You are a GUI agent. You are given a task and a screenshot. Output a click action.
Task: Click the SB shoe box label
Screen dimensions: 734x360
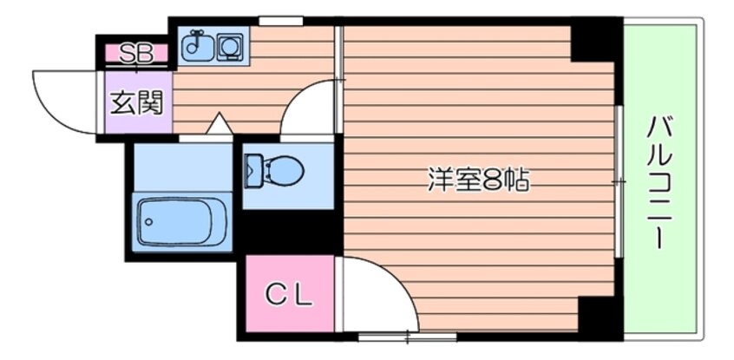pos(135,54)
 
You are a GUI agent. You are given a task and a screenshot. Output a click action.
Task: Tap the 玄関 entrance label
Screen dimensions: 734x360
pos(137,103)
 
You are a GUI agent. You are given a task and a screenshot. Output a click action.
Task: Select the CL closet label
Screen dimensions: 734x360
pos(289,295)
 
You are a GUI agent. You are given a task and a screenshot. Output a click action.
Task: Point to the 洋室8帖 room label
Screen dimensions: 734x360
pos(478,180)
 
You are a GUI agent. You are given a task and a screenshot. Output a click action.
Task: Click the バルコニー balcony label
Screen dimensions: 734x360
pos(659,183)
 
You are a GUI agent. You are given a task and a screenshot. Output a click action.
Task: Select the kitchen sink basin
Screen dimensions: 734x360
pos(197,45)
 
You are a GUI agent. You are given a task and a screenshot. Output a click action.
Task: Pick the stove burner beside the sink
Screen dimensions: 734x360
pos(230,47)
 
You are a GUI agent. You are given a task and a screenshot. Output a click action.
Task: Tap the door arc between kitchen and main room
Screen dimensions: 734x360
pos(297,96)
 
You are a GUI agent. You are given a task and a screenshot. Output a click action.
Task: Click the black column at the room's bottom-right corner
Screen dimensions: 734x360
pos(600,317)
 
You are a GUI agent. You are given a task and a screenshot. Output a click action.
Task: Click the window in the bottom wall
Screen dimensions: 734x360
pos(407,336)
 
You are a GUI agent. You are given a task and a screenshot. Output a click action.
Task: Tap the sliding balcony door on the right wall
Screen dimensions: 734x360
pos(619,181)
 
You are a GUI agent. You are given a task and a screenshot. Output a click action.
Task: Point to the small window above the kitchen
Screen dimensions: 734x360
pos(281,21)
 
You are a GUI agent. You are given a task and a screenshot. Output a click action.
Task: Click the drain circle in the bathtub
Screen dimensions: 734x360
pos(149,221)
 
